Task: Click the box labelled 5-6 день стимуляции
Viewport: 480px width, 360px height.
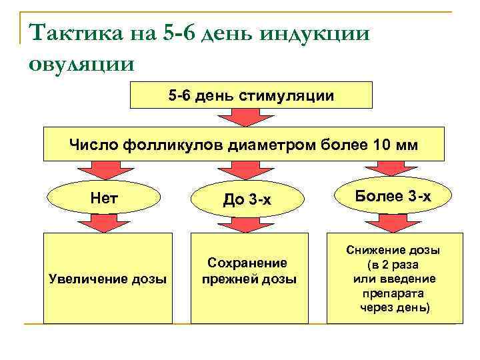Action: click(251, 96)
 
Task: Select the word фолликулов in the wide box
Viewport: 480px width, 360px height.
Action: click(175, 145)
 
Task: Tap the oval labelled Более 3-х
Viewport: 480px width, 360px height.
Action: click(393, 196)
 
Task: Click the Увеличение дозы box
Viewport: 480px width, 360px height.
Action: click(108, 278)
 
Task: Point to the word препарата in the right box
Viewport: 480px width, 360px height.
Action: click(393, 293)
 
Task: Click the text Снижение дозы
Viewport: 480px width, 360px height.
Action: click(393, 251)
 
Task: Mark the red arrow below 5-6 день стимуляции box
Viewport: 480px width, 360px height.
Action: click(251, 118)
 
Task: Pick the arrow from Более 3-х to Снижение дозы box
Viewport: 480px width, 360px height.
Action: click(393, 223)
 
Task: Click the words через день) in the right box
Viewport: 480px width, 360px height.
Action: click(395, 307)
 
